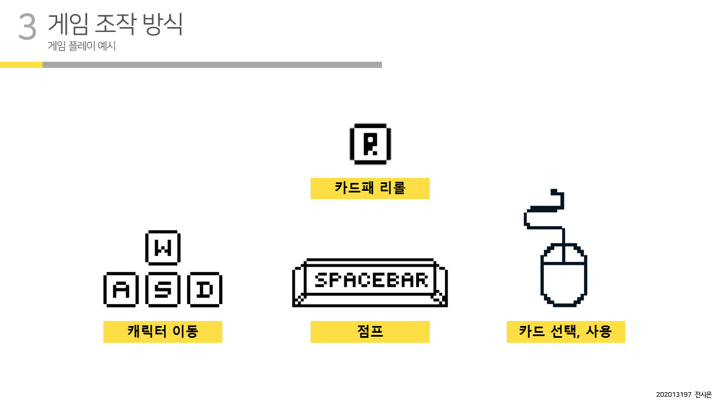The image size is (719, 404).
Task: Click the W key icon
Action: click(162, 247)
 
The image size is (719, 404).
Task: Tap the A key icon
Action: click(121, 290)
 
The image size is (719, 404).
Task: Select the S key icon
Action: click(162, 290)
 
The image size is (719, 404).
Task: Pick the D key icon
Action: click(204, 290)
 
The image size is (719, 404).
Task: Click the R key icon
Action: click(370, 143)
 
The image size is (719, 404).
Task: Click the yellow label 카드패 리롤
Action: click(370, 189)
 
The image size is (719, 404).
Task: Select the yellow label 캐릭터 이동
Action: click(163, 332)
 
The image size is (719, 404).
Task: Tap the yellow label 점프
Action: click(370, 332)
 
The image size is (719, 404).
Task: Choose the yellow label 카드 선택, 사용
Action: click(566, 332)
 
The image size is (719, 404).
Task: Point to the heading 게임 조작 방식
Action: click(115, 24)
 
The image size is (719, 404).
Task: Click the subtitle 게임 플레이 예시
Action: click(82, 47)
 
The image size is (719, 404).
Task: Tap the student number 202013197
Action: click(674, 394)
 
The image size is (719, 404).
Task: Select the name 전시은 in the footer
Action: click(703, 394)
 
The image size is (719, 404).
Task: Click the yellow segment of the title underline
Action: click(21, 65)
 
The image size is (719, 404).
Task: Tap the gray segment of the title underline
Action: click(212, 65)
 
